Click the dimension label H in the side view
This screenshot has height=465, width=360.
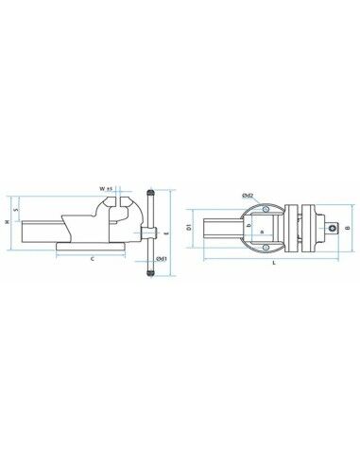(x=8, y=221)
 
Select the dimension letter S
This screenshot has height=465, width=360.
(x=17, y=210)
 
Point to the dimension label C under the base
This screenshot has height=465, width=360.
(x=92, y=257)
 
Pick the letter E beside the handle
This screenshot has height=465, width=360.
(x=165, y=231)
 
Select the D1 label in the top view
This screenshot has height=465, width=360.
(x=190, y=228)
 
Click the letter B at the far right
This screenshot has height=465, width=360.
(x=348, y=228)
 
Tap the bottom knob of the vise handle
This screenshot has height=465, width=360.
(x=149, y=273)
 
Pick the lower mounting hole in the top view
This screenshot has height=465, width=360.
(x=266, y=249)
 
